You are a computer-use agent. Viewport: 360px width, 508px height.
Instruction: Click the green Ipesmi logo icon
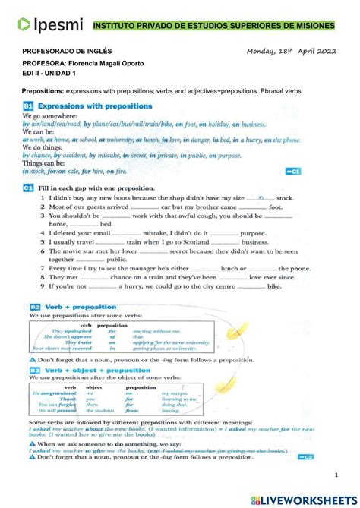tap(24, 25)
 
